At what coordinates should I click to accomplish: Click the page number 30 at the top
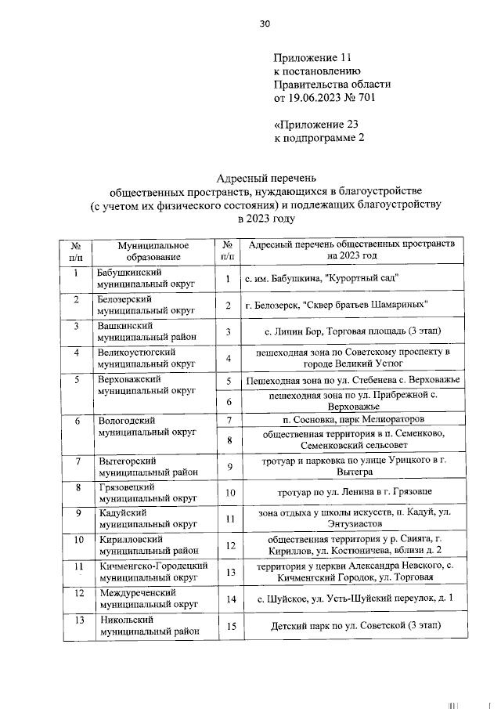point(265,24)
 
